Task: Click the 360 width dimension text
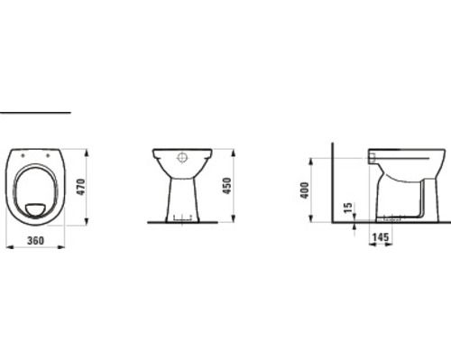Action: [x=36, y=240]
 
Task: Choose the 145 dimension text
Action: [x=381, y=238]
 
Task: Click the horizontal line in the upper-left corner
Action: [x=34, y=113]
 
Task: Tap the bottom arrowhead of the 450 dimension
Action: [x=234, y=221]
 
